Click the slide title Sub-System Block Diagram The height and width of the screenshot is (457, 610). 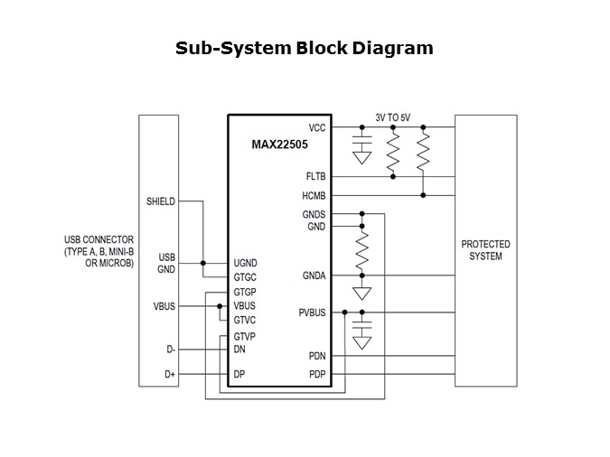(x=305, y=48)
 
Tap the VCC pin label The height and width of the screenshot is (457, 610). (x=316, y=128)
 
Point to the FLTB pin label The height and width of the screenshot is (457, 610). (x=315, y=177)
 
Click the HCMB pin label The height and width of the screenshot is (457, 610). (x=314, y=195)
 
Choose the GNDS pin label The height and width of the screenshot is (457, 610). (x=314, y=214)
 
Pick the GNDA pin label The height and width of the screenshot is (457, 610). (x=314, y=275)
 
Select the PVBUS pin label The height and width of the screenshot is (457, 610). (x=312, y=312)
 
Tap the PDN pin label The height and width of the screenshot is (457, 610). (x=316, y=356)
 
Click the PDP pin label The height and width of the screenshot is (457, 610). (x=316, y=374)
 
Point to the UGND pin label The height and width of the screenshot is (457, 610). (x=247, y=261)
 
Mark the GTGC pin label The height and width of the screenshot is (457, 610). (x=247, y=275)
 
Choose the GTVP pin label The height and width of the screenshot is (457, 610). (x=247, y=336)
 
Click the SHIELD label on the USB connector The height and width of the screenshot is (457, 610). (x=160, y=201)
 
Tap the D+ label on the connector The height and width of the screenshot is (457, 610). (x=169, y=374)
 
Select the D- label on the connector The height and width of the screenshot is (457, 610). (x=169, y=349)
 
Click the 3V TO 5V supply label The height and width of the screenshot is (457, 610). (x=393, y=117)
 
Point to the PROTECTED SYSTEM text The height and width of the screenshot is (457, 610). (x=485, y=250)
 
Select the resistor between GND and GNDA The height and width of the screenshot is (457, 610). (x=362, y=251)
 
